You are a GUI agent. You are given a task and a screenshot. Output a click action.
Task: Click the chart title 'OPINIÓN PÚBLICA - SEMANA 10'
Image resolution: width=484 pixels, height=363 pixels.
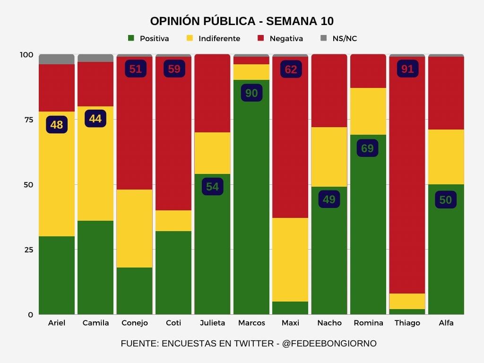click(242, 21)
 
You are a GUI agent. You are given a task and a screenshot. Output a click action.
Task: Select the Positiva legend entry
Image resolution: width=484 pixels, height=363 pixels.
click(148, 38)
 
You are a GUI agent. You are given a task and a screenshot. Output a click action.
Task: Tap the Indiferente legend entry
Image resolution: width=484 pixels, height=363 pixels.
click(213, 38)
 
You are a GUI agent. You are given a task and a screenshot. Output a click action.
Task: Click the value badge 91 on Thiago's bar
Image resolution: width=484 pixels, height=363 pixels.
click(407, 69)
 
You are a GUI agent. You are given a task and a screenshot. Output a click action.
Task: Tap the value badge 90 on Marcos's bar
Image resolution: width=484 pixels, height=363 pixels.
click(251, 93)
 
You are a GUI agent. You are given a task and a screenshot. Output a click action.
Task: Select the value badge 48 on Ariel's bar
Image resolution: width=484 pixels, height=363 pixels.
click(57, 125)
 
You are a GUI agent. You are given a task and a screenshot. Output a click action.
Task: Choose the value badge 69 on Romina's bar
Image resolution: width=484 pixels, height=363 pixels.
click(367, 148)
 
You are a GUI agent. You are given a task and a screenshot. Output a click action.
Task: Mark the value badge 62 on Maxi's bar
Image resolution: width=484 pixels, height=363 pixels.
click(291, 69)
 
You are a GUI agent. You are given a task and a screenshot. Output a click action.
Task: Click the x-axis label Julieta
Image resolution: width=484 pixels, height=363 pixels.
click(212, 323)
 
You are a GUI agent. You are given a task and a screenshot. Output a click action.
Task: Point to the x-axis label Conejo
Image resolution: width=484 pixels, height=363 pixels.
click(135, 323)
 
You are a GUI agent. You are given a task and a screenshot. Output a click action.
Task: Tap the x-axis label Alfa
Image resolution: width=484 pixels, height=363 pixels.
click(446, 323)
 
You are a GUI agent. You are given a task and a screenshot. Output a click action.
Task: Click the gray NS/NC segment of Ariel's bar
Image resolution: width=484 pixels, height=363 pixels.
click(57, 59)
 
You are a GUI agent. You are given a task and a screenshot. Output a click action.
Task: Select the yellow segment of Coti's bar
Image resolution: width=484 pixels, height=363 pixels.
click(173, 221)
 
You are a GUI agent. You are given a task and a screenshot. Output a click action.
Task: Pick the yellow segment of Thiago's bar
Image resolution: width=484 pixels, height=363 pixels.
click(407, 301)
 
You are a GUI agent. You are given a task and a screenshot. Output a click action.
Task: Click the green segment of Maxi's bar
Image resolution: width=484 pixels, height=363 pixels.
click(290, 308)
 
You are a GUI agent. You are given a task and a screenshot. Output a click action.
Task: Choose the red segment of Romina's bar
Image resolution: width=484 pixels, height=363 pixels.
click(368, 71)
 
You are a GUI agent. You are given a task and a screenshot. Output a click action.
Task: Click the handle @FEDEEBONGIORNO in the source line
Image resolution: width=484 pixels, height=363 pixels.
click(329, 344)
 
